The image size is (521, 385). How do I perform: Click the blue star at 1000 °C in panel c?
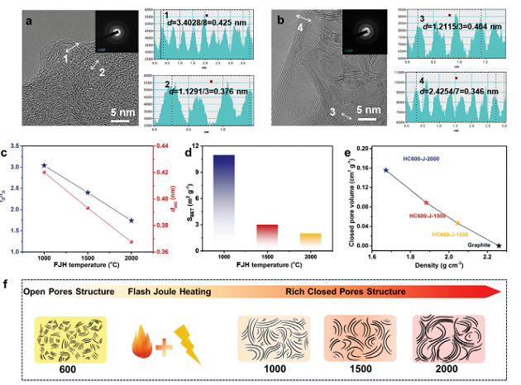[x=45, y=165]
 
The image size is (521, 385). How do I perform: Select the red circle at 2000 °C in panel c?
[x=131, y=242]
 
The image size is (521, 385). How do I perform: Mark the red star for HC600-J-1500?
[x=426, y=202]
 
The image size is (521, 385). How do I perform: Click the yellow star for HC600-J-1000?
[x=458, y=222]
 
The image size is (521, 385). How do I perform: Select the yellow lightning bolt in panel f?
[x=186, y=343]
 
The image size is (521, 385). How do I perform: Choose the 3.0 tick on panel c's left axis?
[x=26, y=167]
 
